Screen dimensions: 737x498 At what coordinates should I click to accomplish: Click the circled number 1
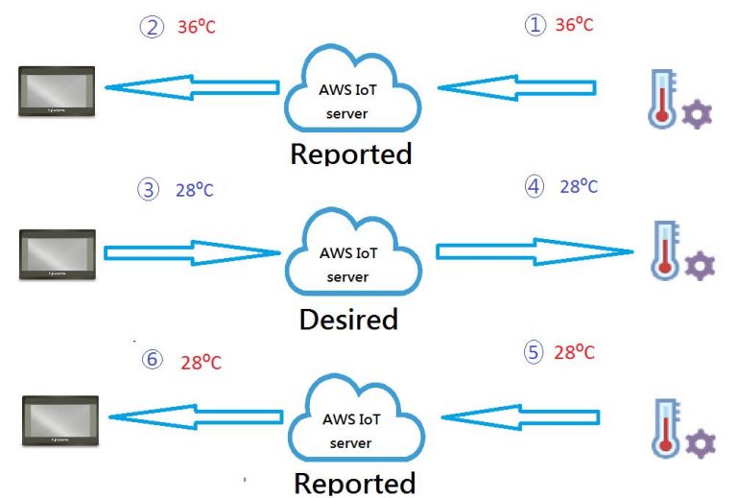[535, 24]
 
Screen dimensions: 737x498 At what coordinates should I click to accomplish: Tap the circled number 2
[152, 27]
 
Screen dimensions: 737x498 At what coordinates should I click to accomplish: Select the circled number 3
[148, 189]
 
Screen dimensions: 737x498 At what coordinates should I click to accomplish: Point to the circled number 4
[534, 186]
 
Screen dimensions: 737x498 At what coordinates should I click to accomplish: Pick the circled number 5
[534, 352]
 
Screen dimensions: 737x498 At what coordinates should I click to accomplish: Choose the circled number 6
[153, 360]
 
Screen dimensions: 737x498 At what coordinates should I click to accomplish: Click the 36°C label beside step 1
[575, 24]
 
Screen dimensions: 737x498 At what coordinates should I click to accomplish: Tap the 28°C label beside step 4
[579, 186]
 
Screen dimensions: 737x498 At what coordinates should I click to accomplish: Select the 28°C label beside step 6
[201, 362]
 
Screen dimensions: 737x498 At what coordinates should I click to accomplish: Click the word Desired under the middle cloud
[348, 320]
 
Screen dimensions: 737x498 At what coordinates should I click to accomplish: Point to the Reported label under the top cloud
[351, 154]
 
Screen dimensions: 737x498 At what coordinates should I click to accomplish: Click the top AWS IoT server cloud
[352, 88]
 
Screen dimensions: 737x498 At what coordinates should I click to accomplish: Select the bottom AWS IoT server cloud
[356, 418]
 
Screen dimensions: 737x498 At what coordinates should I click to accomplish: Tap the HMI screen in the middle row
[58, 254]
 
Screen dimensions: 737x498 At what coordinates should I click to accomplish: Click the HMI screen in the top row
[57, 91]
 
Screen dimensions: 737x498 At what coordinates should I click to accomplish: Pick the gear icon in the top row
[697, 114]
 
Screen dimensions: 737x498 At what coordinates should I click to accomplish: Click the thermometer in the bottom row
[666, 429]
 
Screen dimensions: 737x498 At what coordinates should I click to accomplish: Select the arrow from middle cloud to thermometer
[535, 251]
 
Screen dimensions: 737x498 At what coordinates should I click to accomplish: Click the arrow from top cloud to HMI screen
[192, 87]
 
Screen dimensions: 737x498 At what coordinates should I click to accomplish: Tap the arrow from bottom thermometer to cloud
[521, 417]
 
